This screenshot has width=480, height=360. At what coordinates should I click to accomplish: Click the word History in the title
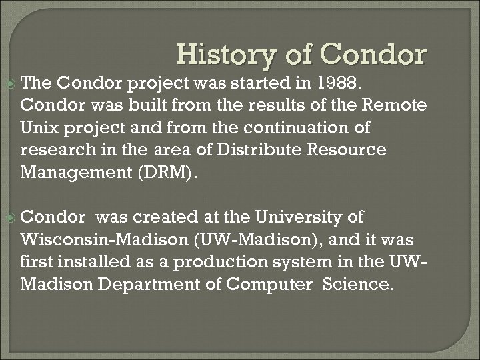pyautogui.click(x=224, y=55)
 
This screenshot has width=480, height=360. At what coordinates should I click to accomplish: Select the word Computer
pyautogui.click(x=270, y=284)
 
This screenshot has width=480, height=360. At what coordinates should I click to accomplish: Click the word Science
pyautogui.click(x=358, y=284)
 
